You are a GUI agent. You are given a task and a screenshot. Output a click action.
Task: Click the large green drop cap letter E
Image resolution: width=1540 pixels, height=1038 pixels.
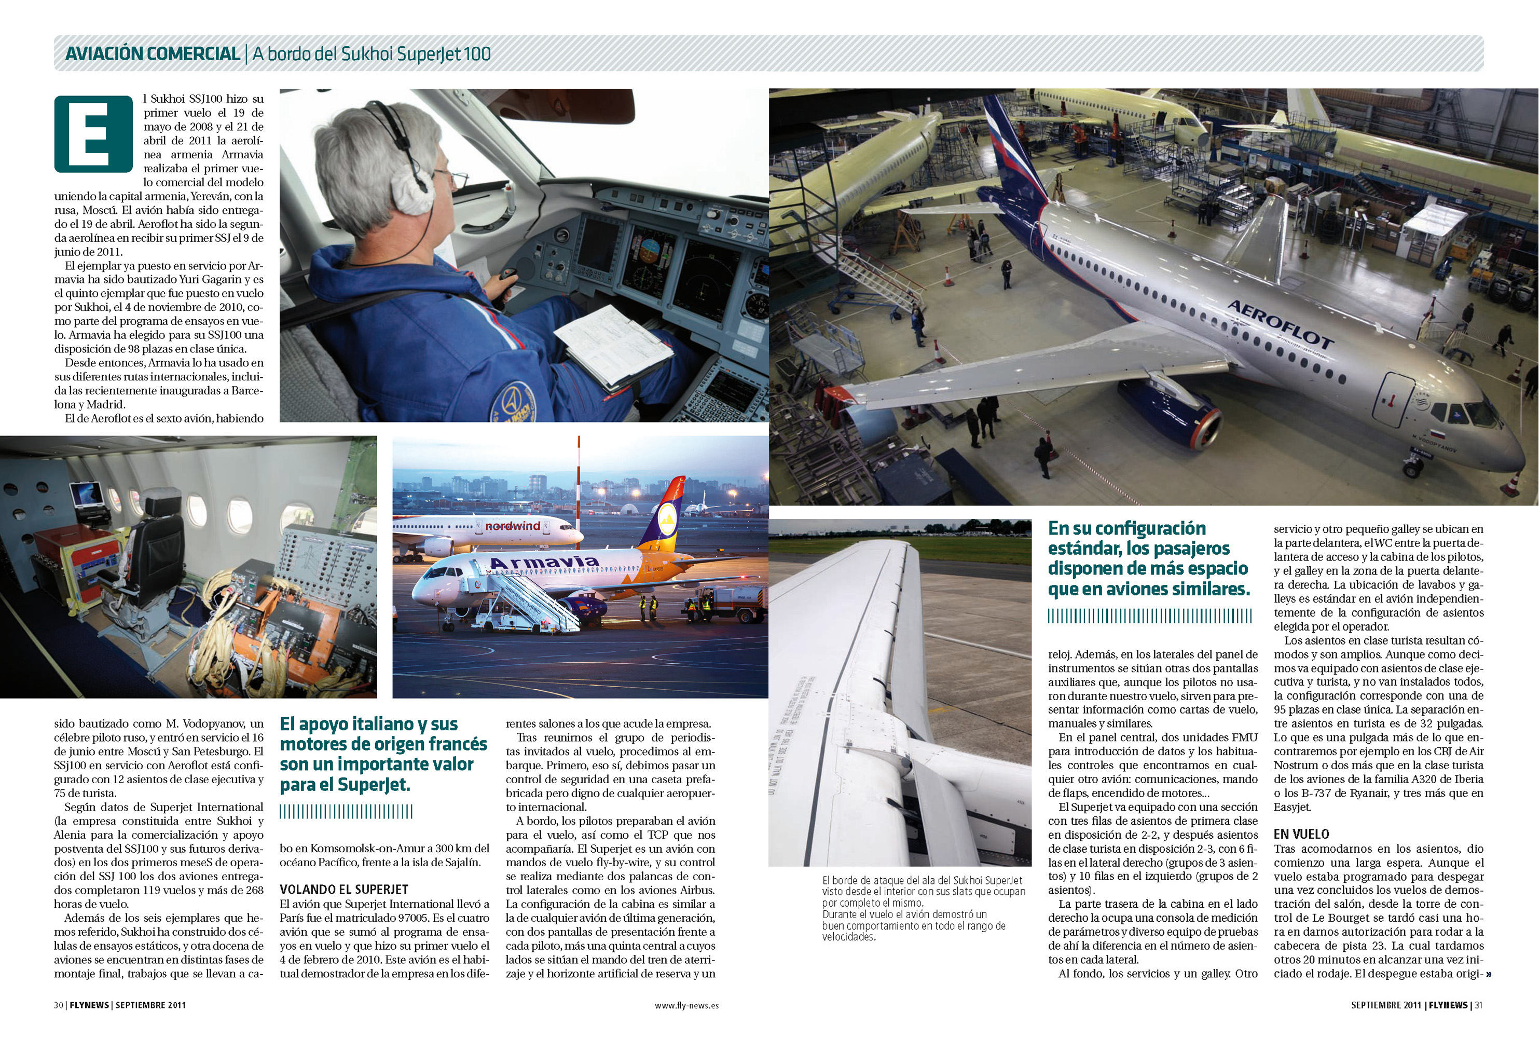click(x=93, y=134)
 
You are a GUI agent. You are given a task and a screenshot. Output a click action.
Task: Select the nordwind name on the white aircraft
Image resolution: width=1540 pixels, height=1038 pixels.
click(x=512, y=526)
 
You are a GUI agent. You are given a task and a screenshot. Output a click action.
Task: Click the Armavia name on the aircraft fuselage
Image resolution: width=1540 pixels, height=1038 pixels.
click(x=544, y=563)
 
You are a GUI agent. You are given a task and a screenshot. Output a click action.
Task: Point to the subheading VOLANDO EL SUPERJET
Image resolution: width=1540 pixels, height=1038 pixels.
click(x=343, y=890)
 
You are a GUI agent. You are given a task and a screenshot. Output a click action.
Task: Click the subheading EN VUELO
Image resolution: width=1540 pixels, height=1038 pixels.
click(x=1301, y=834)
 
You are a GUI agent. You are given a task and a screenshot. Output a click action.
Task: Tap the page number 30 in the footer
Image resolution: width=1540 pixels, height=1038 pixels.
click(x=58, y=1005)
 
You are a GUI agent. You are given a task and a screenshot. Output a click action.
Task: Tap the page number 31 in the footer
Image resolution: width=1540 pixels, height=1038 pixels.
click(x=1478, y=1005)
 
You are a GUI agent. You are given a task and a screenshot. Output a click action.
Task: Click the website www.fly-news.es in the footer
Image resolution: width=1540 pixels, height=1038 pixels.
click(x=686, y=1005)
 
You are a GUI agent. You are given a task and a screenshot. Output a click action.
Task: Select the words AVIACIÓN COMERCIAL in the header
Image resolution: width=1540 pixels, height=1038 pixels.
click(x=152, y=53)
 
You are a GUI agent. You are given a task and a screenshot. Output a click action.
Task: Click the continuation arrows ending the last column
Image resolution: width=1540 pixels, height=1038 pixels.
click(x=1489, y=974)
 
